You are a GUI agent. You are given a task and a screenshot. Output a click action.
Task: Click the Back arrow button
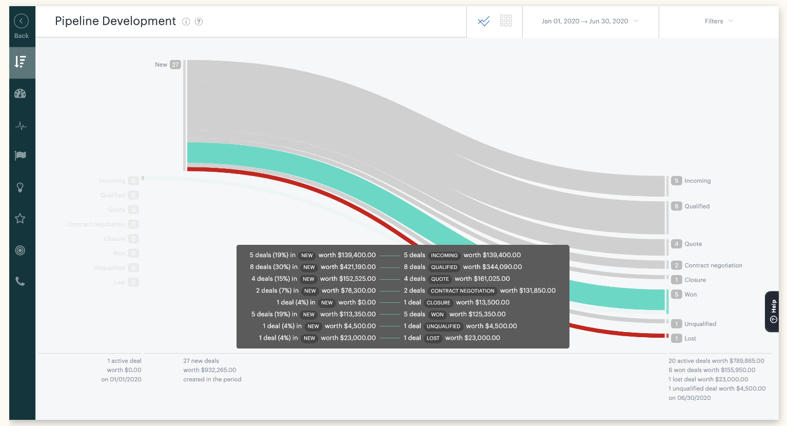coord(21,22)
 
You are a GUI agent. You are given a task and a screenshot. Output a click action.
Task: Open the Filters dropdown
coord(718,21)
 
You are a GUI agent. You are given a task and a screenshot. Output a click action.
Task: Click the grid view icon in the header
coord(506,21)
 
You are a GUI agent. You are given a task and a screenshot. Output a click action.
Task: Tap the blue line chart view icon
coord(484,21)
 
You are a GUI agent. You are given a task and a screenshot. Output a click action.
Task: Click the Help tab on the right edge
coord(773,312)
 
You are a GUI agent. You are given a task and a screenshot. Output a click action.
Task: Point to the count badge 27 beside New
coord(175,65)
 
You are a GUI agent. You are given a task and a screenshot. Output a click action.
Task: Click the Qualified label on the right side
coord(697,206)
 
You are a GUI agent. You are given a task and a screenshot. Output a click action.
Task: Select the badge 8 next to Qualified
coord(677,206)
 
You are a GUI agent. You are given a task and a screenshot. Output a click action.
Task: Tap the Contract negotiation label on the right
coord(713,265)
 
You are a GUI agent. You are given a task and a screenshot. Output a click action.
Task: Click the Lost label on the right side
coord(690,338)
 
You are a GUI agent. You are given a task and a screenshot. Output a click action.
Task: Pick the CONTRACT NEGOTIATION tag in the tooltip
coord(462,291)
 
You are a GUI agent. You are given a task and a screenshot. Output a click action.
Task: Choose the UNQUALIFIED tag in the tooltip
coord(443,326)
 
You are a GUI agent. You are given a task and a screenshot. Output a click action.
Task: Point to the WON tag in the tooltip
coord(437,314)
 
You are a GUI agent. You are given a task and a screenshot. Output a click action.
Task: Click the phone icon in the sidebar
coord(21,281)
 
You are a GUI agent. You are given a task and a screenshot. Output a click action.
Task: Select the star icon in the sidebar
coord(21,219)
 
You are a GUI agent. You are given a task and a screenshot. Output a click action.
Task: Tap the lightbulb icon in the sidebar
coord(21,187)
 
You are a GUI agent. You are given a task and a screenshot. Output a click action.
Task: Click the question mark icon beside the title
coord(199,22)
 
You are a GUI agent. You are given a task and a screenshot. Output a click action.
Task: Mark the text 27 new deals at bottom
coord(201,361)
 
